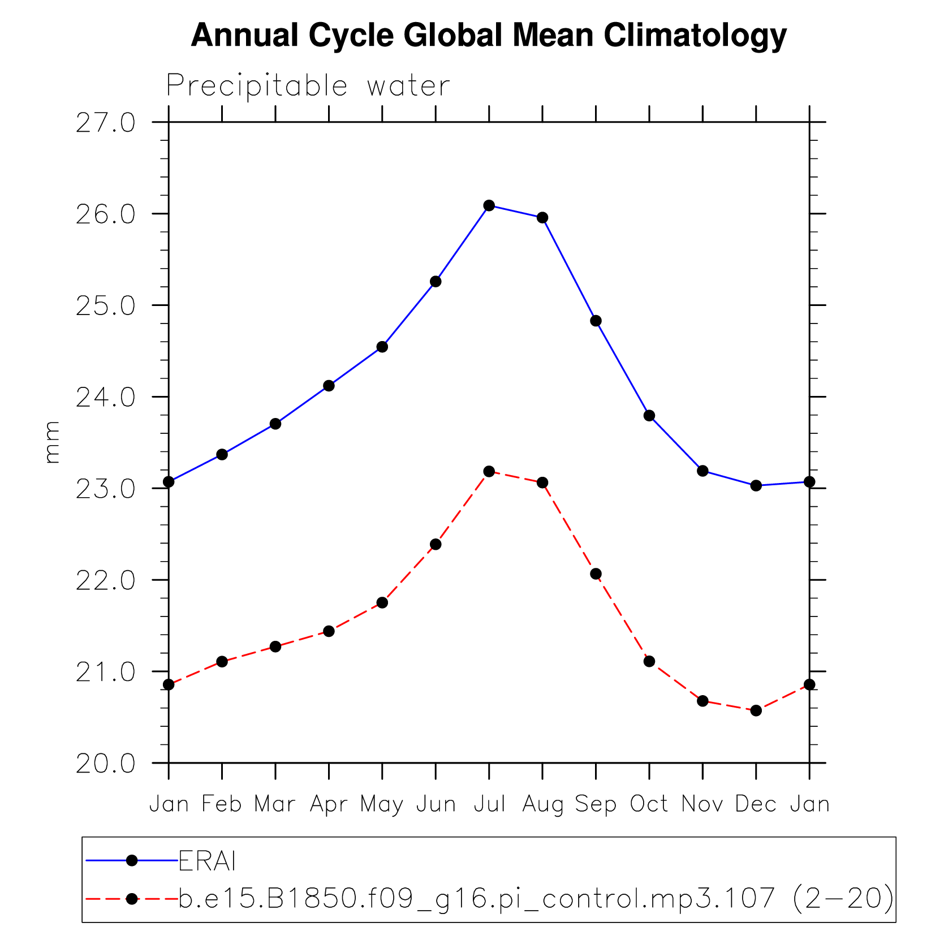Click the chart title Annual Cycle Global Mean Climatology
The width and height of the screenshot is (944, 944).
click(489, 36)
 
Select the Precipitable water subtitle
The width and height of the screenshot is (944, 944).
click(308, 86)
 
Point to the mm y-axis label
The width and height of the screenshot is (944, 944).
click(51, 442)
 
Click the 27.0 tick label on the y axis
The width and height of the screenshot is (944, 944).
click(106, 123)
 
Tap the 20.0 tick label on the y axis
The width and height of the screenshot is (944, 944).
click(106, 764)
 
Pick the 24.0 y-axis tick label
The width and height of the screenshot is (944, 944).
click(106, 398)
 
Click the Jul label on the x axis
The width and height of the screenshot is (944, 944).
click(489, 804)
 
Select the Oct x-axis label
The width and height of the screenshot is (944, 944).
click(649, 804)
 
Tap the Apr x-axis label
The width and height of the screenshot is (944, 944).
click(329, 804)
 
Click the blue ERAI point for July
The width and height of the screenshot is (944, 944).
click(489, 205)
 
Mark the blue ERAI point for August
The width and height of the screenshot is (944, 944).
click(542, 218)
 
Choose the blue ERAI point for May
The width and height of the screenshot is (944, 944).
click(382, 347)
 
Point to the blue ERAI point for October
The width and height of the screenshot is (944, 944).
click(649, 416)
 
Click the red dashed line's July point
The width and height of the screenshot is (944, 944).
click(489, 471)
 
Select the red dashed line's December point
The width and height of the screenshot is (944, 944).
click(756, 710)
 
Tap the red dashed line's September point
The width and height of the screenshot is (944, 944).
click(596, 574)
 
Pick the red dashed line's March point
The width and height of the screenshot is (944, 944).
click(275, 646)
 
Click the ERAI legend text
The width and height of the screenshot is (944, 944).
click(207, 861)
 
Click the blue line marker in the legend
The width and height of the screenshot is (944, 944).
click(132, 860)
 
